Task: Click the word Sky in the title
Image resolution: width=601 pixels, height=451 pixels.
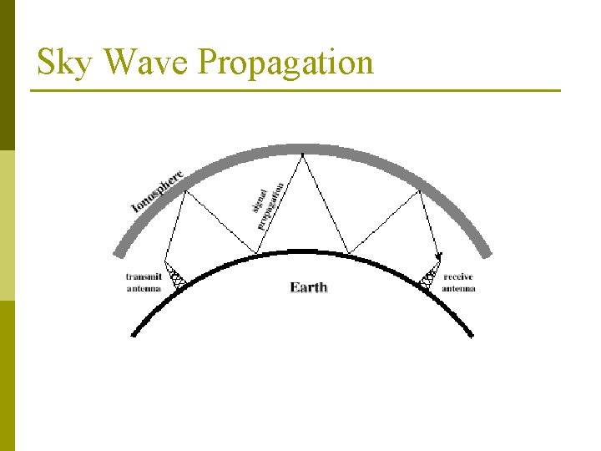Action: [x=63, y=63]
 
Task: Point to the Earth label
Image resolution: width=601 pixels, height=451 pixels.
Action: [x=308, y=287]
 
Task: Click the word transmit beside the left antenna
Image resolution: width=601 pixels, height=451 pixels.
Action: [x=143, y=276]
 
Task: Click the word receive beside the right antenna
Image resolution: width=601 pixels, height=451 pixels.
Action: [x=459, y=276]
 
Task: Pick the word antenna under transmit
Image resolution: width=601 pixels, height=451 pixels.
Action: [x=143, y=288]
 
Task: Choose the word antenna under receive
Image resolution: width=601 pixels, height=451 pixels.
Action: [x=458, y=288]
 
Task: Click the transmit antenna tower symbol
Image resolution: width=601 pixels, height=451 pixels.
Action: [x=175, y=274]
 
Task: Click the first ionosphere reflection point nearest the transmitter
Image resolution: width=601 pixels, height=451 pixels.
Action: [x=184, y=190]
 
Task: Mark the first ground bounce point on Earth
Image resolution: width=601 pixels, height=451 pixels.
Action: [x=257, y=253]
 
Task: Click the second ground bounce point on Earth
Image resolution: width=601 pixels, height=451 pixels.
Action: [x=347, y=253]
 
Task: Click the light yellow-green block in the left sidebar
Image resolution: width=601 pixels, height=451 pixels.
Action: [x=7, y=225]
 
